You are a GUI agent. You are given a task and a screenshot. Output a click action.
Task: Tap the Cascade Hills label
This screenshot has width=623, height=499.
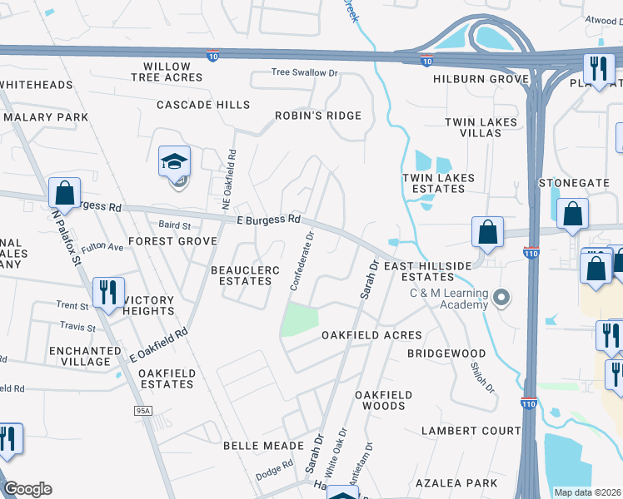tap(203, 105)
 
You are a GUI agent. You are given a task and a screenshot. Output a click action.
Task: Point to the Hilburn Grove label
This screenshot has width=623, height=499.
tap(481, 79)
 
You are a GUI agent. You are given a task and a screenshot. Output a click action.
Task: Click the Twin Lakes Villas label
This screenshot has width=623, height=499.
tap(481, 127)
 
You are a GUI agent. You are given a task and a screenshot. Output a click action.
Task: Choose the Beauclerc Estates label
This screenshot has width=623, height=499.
tap(242, 275)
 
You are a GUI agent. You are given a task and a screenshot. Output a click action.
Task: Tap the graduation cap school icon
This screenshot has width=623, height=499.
tap(175, 161)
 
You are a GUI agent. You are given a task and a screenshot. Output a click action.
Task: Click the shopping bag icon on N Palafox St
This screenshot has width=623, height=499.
tap(64, 193)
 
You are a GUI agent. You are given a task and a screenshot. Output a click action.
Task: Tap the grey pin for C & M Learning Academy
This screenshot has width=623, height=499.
tap(501, 296)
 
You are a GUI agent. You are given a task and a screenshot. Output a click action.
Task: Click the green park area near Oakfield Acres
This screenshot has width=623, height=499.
tap(302, 319)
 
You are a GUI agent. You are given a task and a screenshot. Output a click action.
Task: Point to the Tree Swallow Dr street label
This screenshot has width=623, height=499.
tap(304, 72)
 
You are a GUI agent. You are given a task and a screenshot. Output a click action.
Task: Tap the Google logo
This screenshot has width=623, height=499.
tap(27, 489)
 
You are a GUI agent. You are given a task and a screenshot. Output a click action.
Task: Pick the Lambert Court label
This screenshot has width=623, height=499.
tap(471, 431)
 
